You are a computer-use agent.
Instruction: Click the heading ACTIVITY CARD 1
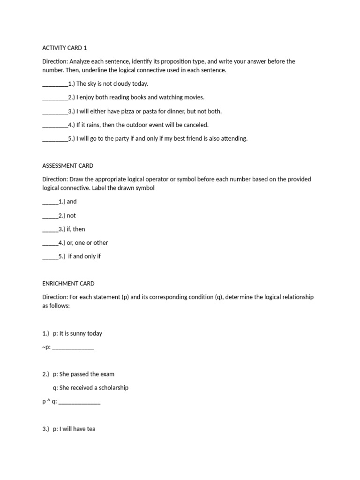[65, 48]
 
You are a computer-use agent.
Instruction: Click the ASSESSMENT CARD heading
[67, 165]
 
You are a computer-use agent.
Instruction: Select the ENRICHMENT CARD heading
[68, 284]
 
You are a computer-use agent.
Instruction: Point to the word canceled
[196, 125]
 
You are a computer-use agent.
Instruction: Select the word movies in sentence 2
[193, 97]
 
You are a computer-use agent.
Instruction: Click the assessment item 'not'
[71, 216]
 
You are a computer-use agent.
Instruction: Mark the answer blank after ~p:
[73, 349]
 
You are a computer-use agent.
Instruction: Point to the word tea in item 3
[91, 429]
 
